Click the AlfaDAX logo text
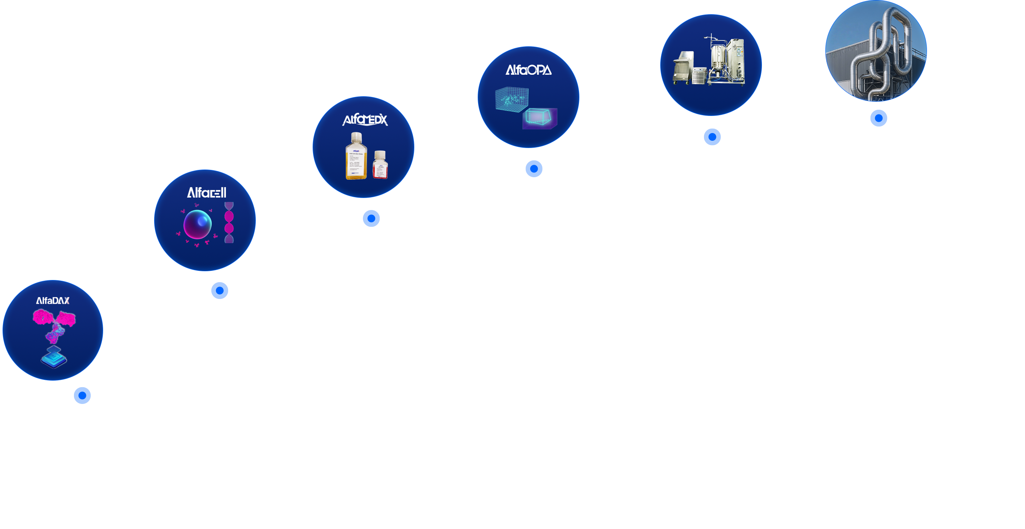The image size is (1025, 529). click(53, 300)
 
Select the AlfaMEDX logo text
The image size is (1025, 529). click(365, 120)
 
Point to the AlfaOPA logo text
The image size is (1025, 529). click(528, 70)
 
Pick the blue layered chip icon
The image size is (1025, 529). click(54, 357)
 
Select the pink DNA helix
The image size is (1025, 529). click(229, 222)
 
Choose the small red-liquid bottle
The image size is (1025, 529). click(380, 165)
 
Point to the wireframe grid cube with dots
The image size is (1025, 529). click(512, 99)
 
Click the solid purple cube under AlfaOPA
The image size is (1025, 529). click(540, 118)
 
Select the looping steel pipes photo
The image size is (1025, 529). click(876, 51)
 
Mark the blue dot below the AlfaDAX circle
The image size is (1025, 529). click(82, 395)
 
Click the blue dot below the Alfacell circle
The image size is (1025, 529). click(220, 291)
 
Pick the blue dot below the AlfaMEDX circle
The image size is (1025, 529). click(371, 218)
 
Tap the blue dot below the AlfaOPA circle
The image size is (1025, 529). click(534, 169)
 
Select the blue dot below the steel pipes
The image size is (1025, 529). click(879, 118)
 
